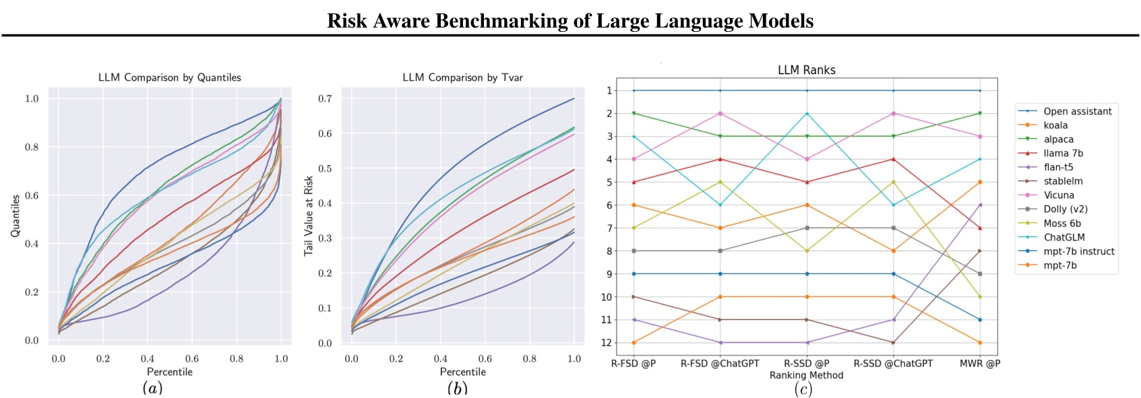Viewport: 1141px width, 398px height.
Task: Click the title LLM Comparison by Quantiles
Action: pyautogui.click(x=169, y=77)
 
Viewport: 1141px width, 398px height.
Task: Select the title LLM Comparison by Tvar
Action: pyautogui.click(x=462, y=77)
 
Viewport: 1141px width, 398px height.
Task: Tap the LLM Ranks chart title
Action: pyautogui.click(x=806, y=70)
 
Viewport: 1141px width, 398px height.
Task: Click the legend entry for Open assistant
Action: pyautogui.click(x=1077, y=111)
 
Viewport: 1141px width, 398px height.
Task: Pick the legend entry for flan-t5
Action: pyautogui.click(x=1058, y=167)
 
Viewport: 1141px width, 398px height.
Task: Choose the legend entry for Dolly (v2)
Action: pyautogui.click(x=1066, y=209)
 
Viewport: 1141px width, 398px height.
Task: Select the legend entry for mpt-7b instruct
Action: pyautogui.click(x=1078, y=251)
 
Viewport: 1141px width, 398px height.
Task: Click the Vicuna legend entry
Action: pyautogui.click(x=1059, y=195)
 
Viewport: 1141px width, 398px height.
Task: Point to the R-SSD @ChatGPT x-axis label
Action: pyautogui.click(x=893, y=364)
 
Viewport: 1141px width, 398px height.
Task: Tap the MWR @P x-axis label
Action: pyautogui.click(x=979, y=364)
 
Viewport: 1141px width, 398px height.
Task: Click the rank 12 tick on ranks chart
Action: pyautogui.click(x=609, y=343)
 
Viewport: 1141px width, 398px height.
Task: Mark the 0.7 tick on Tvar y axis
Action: pyautogui.click(x=325, y=98)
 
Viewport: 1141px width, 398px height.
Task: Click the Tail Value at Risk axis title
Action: pyautogui.click(x=309, y=215)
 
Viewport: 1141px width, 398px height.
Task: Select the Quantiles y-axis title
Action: pyautogui.click(x=15, y=215)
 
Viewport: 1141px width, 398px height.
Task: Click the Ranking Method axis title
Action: pyautogui.click(x=806, y=375)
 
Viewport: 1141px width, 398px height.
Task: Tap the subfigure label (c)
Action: pyautogui.click(x=803, y=389)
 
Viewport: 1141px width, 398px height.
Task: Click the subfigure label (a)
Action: pyautogui.click(x=152, y=387)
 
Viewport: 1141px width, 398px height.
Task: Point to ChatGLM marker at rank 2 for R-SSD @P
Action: pyautogui.click(x=807, y=113)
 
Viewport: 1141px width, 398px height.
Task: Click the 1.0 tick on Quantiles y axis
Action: pyautogui.click(x=32, y=98)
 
